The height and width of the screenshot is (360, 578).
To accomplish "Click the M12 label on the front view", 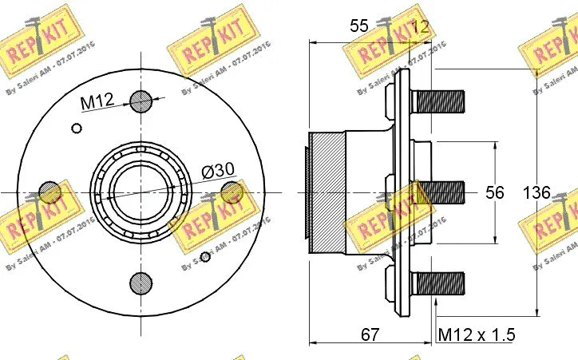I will click(x=97, y=101).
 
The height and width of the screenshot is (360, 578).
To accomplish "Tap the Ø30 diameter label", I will click(x=218, y=170).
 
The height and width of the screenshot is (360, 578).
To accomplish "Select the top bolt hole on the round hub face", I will click(x=141, y=101).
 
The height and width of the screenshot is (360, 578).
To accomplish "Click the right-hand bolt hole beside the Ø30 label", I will click(x=232, y=192).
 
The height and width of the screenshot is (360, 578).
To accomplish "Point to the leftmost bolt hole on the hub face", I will click(x=50, y=192).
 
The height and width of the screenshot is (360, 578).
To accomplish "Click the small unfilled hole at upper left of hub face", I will click(x=77, y=129).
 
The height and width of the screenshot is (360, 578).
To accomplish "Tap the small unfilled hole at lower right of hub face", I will click(x=205, y=256).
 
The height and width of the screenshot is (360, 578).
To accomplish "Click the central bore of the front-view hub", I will click(x=141, y=192).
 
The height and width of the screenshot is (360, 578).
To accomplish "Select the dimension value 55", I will click(x=359, y=26).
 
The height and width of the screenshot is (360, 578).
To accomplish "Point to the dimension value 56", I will click(x=496, y=192).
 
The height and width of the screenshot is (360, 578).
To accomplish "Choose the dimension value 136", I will click(x=536, y=192).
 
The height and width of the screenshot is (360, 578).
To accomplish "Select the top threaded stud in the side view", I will click(x=437, y=101).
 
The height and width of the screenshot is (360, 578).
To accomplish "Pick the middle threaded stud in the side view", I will click(x=441, y=192).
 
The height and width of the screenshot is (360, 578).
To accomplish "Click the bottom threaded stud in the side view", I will click(x=437, y=283).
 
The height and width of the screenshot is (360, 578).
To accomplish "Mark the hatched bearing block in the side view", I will click(x=327, y=192).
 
